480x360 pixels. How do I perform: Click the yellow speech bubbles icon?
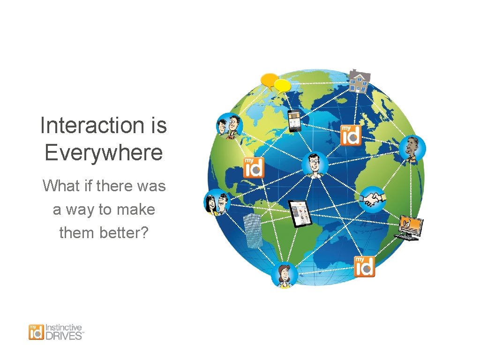click(276, 83)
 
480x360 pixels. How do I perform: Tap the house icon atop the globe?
click(360, 82)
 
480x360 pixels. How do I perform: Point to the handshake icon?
click(373, 199)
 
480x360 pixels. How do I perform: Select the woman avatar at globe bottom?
click(284, 275)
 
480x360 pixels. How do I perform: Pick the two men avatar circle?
click(229, 127)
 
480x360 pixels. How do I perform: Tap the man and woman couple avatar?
click(216, 202)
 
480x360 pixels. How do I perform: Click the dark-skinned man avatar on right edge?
click(412, 149)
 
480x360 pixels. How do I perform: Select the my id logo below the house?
click(350, 135)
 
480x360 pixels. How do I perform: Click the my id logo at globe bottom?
click(364, 267)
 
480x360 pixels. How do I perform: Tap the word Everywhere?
click(104, 152)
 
